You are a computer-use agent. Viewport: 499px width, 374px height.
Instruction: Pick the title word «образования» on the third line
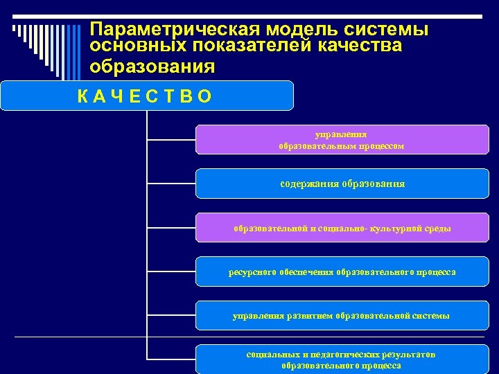tap(152, 66)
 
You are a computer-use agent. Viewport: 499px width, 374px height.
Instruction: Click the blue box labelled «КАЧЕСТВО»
tap(147, 96)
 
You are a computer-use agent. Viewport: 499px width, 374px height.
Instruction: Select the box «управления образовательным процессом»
tap(342, 139)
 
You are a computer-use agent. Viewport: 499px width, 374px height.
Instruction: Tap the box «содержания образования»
tap(342, 184)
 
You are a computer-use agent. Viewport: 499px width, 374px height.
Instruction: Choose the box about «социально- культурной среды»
tap(342, 228)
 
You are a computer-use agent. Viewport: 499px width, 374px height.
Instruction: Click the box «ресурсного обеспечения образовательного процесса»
tap(342, 271)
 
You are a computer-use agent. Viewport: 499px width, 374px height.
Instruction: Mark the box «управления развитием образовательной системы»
tap(342, 316)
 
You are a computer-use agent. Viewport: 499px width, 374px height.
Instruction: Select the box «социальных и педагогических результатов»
tap(342, 359)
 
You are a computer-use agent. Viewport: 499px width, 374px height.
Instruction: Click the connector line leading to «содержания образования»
tap(172, 184)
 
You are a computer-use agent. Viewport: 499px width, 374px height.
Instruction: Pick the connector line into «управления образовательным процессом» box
tap(172, 139)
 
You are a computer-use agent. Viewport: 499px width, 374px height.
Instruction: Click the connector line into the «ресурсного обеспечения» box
tap(172, 271)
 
